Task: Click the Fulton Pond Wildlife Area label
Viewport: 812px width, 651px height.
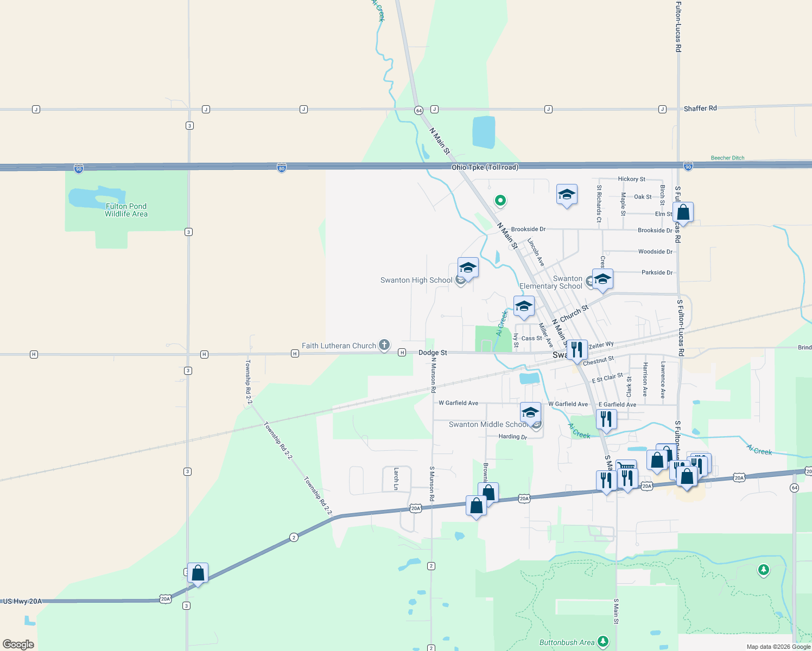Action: (x=126, y=210)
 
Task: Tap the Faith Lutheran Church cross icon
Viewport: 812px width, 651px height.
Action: (x=384, y=344)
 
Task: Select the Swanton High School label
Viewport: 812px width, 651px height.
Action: (x=416, y=280)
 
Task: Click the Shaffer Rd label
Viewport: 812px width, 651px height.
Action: (x=700, y=108)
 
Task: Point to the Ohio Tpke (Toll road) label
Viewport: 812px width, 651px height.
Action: (x=485, y=167)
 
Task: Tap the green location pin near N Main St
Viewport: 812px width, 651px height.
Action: (x=500, y=201)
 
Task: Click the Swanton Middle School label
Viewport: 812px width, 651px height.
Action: (x=487, y=425)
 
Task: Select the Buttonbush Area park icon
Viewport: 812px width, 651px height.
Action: (x=602, y=642)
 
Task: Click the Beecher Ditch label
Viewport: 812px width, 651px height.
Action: (x=727, y=158)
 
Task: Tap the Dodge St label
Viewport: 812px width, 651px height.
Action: (x=433, y=353)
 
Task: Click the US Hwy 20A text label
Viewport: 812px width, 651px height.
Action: (x=22, y=601)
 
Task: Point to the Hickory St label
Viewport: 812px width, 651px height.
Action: (x=631, y=179)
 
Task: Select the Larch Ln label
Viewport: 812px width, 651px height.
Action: (x=396, y=478)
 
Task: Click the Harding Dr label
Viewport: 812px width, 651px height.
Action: (x=512, y=437)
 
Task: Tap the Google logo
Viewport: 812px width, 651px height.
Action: (x=18, y=644)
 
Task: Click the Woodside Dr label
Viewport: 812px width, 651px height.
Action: (x=655, y=252)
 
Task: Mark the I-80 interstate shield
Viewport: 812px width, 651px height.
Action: (x=281, y=168)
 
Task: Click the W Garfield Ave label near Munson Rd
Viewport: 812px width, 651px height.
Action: (x=458, y=403)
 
